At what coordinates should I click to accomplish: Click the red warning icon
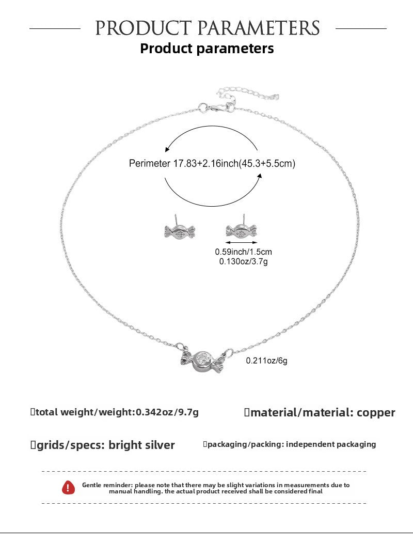tap(68, 488)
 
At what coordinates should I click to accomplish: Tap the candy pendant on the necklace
tap(202, 361)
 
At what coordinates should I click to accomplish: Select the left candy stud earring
tap(179, 229)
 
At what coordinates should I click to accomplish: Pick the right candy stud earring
tap(241, 228)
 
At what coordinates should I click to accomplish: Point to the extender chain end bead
tap(276, 97)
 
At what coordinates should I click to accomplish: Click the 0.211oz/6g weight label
tap(266, 361)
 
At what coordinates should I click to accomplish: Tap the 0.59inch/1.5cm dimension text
tap(243, 252)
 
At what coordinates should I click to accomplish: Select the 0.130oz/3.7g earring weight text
tap(243, 261)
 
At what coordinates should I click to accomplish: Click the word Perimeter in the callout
tap(149, 163)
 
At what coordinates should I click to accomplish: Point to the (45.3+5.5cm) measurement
tap(267, 163)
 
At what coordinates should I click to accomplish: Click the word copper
tap(376, 412)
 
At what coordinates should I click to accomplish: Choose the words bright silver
tap(141, 445)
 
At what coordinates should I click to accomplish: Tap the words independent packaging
tap(331, 444)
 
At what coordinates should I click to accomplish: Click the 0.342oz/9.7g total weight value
tap(167, 412)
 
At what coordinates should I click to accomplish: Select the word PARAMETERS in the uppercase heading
tap(259, 28)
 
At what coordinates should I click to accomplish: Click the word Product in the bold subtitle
tap(166, 49)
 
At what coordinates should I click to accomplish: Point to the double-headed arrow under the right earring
tap(241, 242)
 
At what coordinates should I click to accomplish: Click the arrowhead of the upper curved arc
tap(167, 150)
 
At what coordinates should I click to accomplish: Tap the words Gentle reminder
tap(107, 485)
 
